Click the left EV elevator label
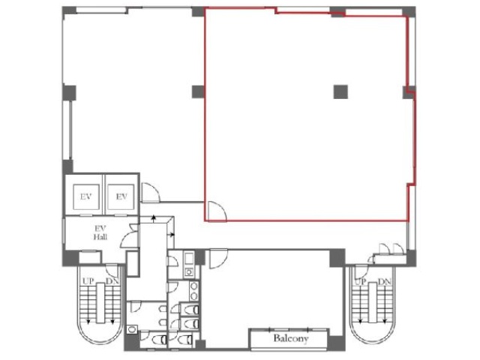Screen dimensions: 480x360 pyautogui.click(x=86, y=196)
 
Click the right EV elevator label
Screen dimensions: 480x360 pyautogui.click(x=121, y=196)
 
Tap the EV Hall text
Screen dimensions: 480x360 pyautogui.click(x=100, y=232)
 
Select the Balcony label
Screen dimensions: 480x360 pyautogui.click(x=290, y=338)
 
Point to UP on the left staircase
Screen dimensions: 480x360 pyautogui.click(x=88, y=281)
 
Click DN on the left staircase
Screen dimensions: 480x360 pyautogui.click(x=112, y=281)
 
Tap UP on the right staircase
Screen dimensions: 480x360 pyautogui.click(x=361, y=282)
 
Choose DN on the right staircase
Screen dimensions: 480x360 pyautogui.click(x=385, y=282)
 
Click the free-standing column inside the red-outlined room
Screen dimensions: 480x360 pyautogui.click(x=340, y=91)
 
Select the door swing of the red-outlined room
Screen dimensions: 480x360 pyautogui.click(x=217, y=211)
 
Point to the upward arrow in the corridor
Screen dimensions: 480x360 pyautogui.click(x=154, y=218)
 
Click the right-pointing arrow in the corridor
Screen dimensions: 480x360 pyautogui.click(x=172, y=235)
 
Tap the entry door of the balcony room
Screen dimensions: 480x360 pyautogui.click(x=218, y=259)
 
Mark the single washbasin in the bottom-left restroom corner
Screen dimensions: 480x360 pyautogui.click(x=132, y=330)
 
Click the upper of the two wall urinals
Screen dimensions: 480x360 pyautogui.click(x=163, y=309)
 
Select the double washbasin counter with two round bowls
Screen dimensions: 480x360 pyautogui.click(x=193, y=292)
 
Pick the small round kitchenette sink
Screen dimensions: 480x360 pyautogui.click(x=189, y=271)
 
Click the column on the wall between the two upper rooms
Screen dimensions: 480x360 pyautogui.click(x=198, y=91)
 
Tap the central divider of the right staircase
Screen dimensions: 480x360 pyautogui.click(x=373, y=302)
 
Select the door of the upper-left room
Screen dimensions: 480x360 pyautogui.click(x=151, y=193)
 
